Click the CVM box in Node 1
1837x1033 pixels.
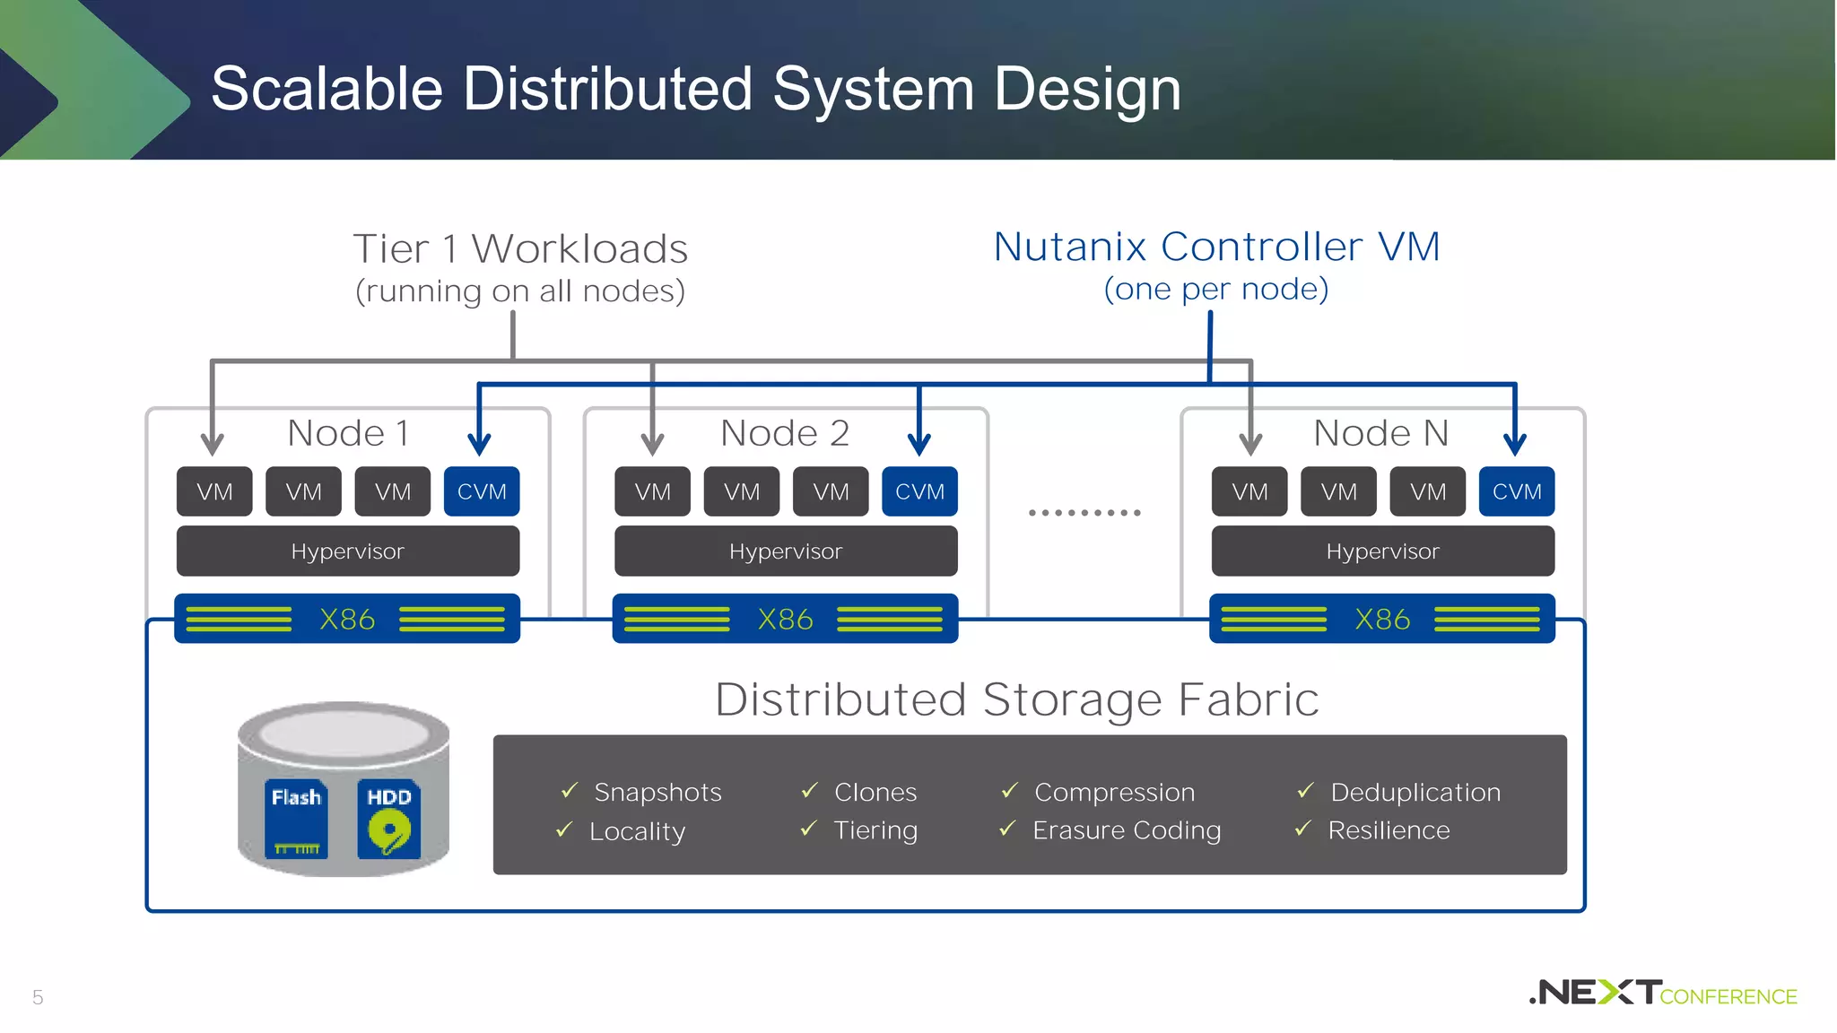click(x=482, y=491)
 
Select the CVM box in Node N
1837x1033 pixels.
click(x=1516, y=491)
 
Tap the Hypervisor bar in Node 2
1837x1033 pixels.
click(x=786, y=551)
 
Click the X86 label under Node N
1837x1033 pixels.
click(x=1381, y=619)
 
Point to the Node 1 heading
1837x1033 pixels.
click(x=348, y=433)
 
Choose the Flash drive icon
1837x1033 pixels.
click(x=296, y=820)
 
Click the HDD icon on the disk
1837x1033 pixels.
click(x=388, y=820)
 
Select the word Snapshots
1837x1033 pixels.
click(x=657, y=792)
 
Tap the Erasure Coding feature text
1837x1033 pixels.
click(x=1127, y=830)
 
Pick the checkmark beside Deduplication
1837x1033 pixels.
click(x=1305, y=791)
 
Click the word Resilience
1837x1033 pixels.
click(x=1389, y=830)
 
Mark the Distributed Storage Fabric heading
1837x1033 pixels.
click(x=1016, y=699)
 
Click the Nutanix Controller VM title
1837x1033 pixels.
click(x=1216, y=247)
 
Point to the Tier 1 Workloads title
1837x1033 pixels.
click(x=520, y=248)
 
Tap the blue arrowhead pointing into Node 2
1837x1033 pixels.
click(x=918, y=444)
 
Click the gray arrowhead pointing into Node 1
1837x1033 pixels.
click(x=212, y=444)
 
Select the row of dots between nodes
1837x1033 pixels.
click(x=1084, y=513)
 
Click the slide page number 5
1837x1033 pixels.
click(x=38, y=997)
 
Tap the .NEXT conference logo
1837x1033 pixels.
click(x=1662, y=993)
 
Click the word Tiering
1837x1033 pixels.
click(x=875, y=830)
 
